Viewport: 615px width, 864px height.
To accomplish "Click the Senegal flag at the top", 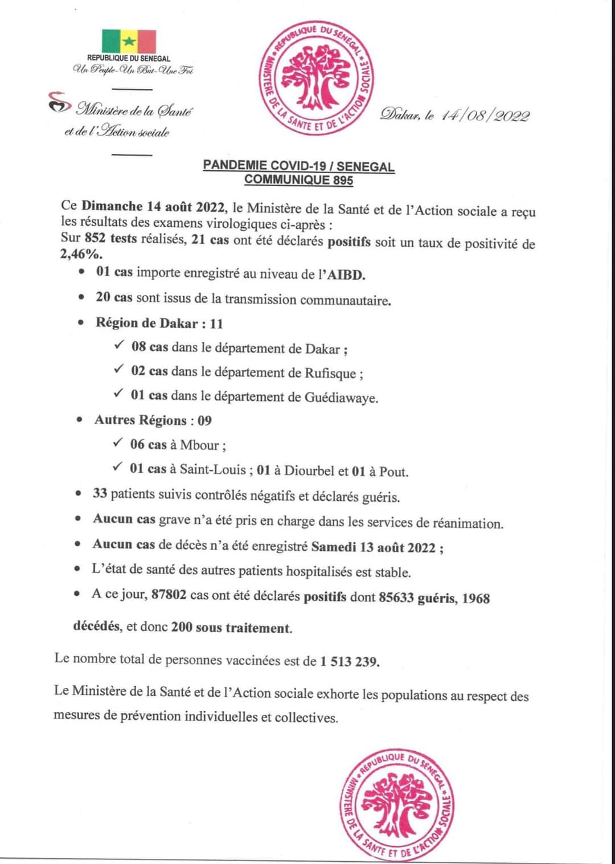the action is click(x=129, y=41).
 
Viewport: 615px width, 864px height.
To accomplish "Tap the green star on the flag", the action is click(x=129, y=41).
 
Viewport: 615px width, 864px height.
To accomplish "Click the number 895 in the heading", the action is click(x=340, y=180).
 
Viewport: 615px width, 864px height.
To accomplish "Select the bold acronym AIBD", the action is click(x=345, y=275).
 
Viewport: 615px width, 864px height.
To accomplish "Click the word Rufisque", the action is click(x=330, y=374).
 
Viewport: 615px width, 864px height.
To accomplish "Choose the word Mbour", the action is click(x=199, y=445).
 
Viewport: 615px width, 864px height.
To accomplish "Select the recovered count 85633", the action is click(x=396, y=598).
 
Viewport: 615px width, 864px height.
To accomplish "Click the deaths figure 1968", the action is click(x=475, y=599).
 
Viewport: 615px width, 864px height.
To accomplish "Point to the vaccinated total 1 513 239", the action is click(x=349, y=661).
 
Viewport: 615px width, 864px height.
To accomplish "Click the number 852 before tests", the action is click(x=95, y=239).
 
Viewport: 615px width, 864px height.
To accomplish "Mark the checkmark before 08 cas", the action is click(x=119, y=346).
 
